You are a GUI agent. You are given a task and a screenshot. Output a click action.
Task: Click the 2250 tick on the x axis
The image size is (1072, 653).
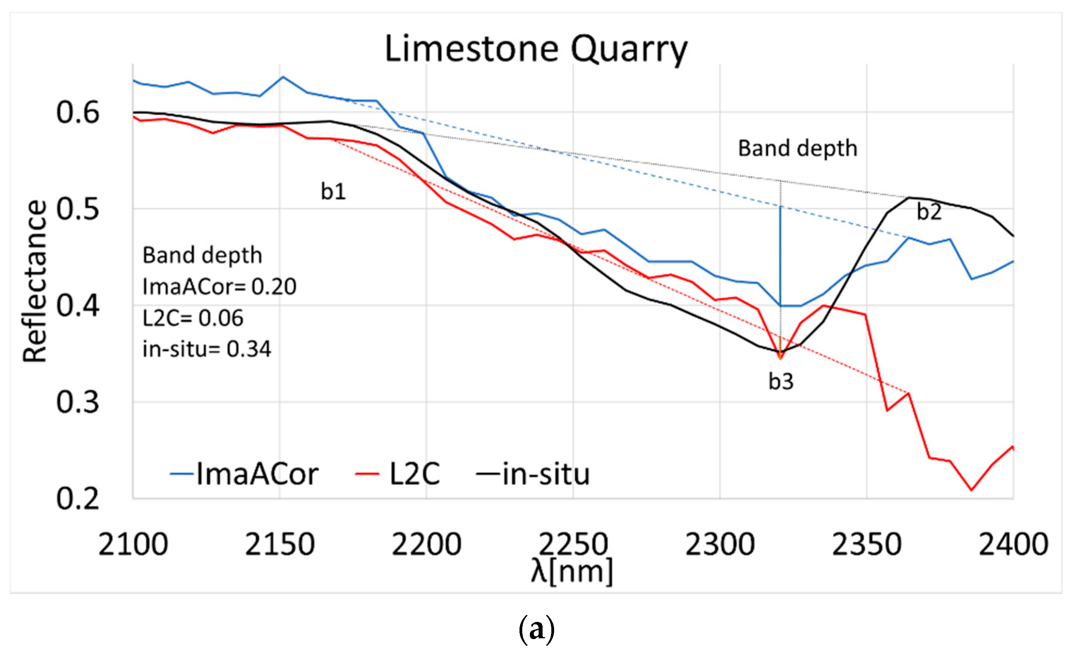573,544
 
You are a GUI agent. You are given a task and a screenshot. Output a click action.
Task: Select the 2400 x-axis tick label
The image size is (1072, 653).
1013,544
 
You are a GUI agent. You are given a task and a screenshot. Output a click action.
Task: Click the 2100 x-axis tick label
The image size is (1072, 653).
133,544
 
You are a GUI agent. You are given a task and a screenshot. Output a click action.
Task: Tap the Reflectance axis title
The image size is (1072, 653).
35,281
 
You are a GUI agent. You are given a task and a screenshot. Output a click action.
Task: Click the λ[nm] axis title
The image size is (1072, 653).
572,571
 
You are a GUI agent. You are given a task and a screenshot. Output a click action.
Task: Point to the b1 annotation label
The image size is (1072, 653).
333,191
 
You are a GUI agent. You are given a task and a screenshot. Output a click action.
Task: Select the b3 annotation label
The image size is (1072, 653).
781,382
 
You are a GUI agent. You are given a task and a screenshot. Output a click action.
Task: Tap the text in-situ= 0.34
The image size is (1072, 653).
207,349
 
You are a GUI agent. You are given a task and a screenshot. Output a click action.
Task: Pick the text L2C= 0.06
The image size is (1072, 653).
193,318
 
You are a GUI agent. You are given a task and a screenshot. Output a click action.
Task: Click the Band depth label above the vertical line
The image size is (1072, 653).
797,148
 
